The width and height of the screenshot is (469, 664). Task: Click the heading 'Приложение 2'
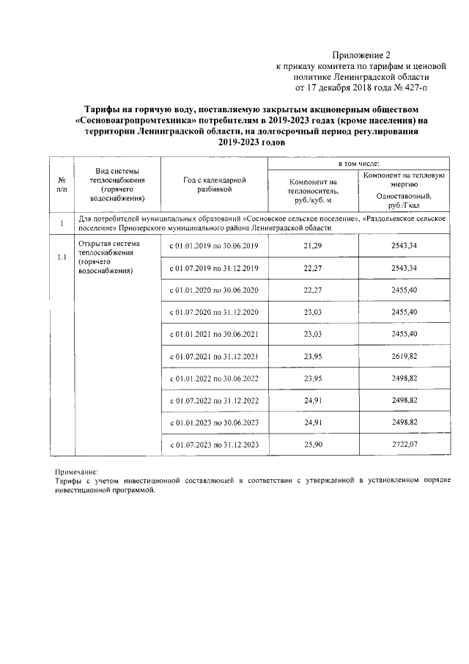362,54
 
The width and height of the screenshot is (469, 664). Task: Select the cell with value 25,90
313,445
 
